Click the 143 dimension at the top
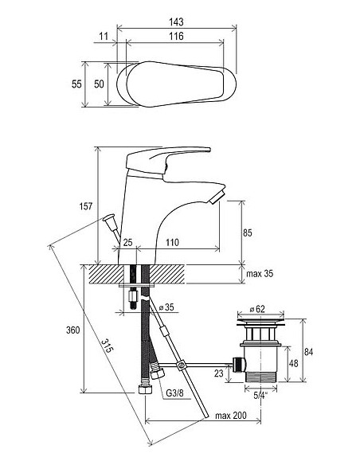click(177, 21)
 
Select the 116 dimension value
click(177, 36)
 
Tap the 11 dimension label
click(104, 36)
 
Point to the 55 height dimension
click(76, 84)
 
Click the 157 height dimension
click(86, 206)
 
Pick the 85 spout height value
click(248, 232)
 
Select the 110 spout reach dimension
click(172, 242)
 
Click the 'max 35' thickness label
click(260, 273)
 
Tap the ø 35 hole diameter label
click(166, 307)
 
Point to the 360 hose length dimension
click(73, 330)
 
